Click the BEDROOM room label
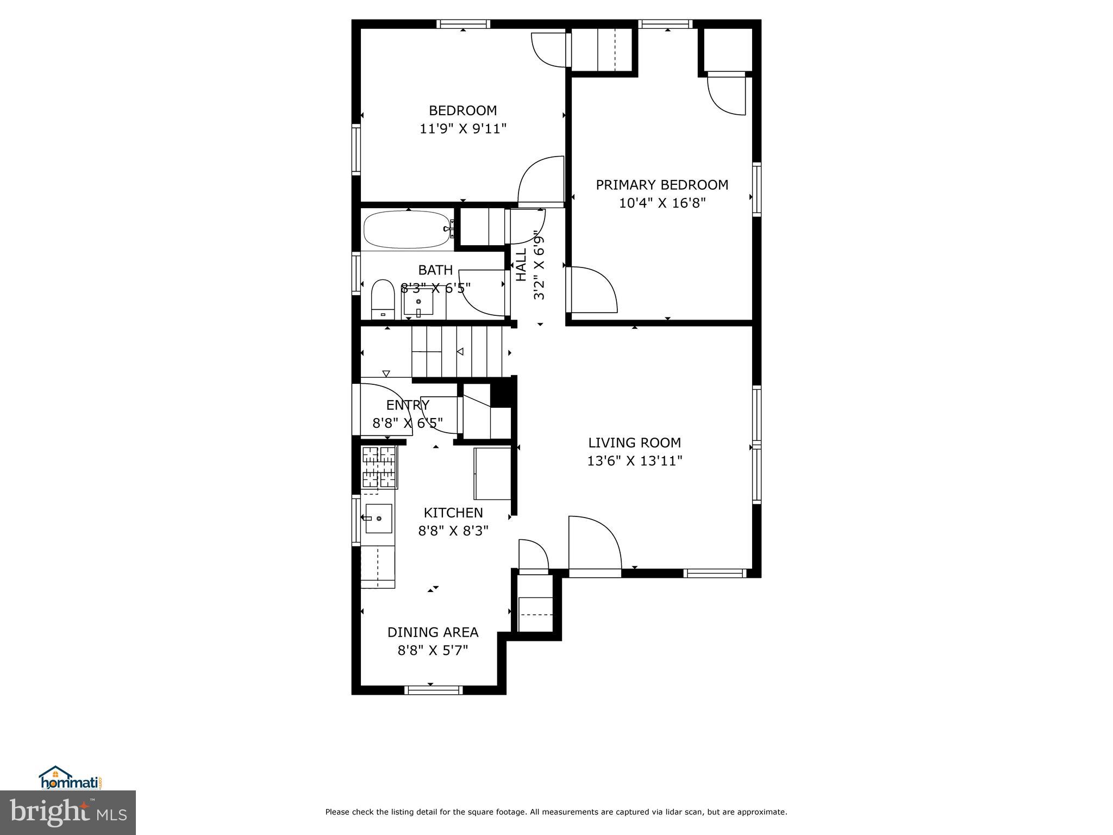462,111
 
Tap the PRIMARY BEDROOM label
662,185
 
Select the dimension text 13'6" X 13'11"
634,461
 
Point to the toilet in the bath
382,300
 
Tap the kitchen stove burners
379,466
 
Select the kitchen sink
378,518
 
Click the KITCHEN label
453,513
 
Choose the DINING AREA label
433,632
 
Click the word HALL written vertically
521,265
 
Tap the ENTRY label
408,405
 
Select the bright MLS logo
68,813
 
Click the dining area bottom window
433,690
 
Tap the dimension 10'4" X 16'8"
662,203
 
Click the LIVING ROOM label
634,443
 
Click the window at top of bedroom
463,24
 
